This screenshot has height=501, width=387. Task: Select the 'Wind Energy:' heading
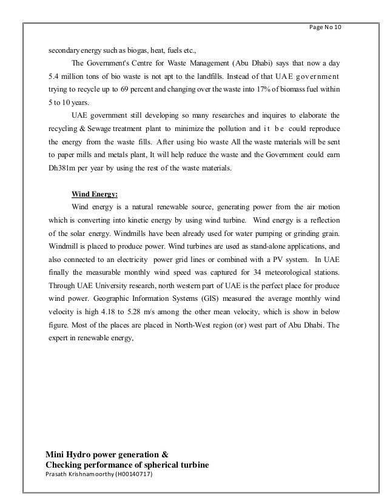(95, 195)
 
